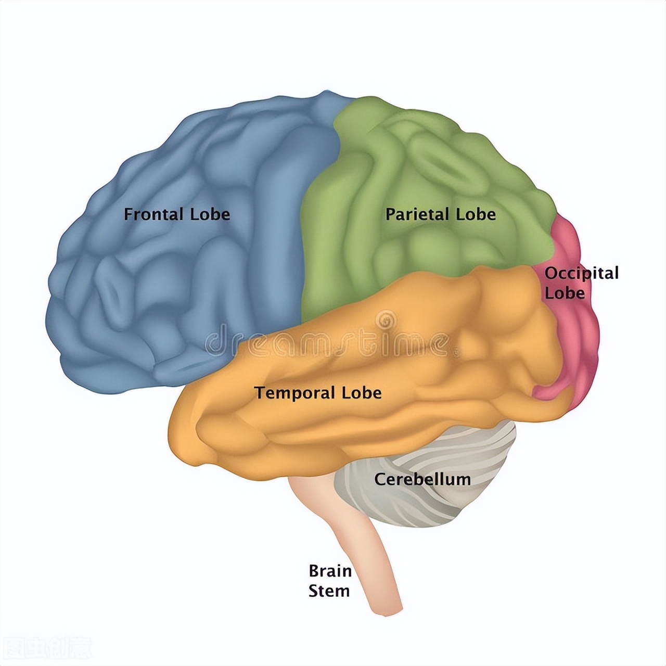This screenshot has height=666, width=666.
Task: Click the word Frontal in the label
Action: tap(154, 214)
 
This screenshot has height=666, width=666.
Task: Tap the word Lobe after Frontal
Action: tap(210, 214)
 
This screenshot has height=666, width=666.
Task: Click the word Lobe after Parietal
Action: tap(476, 214)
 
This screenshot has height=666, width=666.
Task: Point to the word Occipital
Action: tap(582, 274)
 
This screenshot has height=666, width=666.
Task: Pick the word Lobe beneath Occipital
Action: tap(565, 293)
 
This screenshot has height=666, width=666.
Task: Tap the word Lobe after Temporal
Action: tap(362, 393)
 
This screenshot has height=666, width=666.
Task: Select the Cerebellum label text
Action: tap(422, 479)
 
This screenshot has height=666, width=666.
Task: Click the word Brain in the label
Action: tap(330, 571)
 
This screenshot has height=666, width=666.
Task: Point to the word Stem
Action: tap(329, 591)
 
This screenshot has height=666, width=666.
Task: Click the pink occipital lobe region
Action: tap(580, 333)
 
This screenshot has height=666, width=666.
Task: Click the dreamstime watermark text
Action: tap(328, 343)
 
